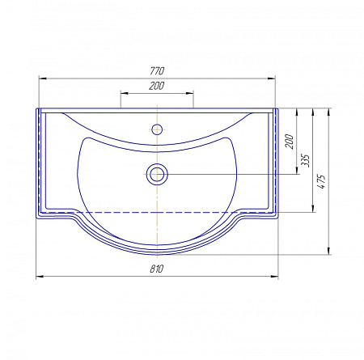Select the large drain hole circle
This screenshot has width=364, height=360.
[157, 172]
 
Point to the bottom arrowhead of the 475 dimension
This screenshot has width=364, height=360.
[329, 250]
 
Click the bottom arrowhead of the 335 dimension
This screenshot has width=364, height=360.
[313, 210]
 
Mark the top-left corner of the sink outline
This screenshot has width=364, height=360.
[37, 108]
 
